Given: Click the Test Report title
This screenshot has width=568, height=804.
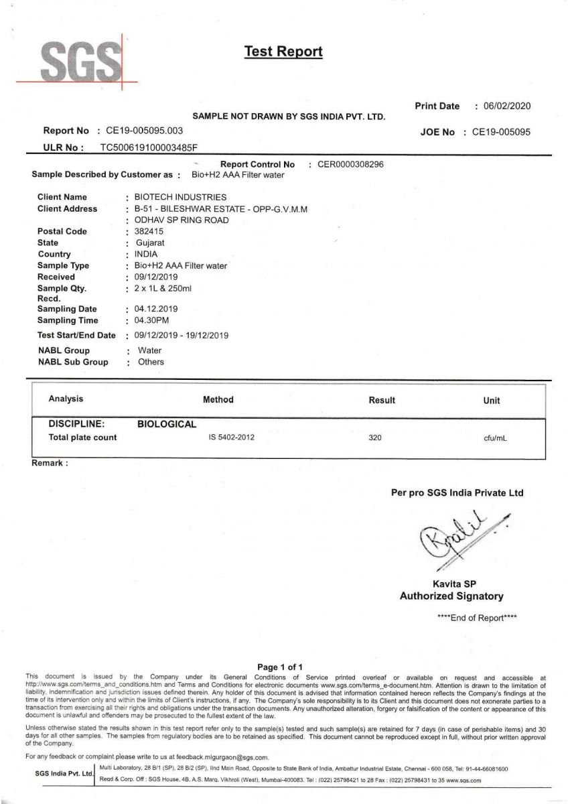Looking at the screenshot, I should pyautogui.click(x=283, y=52).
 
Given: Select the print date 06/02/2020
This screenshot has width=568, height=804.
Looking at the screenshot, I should pyautogui.click(x=502, y=106).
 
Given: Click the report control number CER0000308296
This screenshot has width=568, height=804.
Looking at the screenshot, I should pyautogui.click(x=350, y=164).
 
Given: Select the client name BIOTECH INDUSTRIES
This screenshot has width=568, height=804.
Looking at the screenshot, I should pyautogui.click(x=180, y=197).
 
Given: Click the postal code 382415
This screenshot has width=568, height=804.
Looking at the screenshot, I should pyautogui.click(x=149, y=231).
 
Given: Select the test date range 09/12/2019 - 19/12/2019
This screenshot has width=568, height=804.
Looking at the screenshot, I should pyautogui.click(x=182, y=335).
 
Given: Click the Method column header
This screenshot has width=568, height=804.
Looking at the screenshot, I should pyautogui.click(x=218, y=400).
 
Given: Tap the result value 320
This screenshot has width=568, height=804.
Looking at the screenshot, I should pyautogui.click(x=375, y=438).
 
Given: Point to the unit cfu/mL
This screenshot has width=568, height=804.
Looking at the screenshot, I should pyautogui.click(x=495, y=438).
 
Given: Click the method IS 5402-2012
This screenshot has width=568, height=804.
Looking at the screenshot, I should pyautogui.click(x=231, y=438).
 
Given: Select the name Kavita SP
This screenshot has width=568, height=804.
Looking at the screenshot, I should pyautogui.click(x=455, y=584).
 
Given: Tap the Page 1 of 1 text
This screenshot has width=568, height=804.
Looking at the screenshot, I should pyautogui.click(x=281, y=667).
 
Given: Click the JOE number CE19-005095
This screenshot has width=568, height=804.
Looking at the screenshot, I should pyautogui.click(x=501, y=132).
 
